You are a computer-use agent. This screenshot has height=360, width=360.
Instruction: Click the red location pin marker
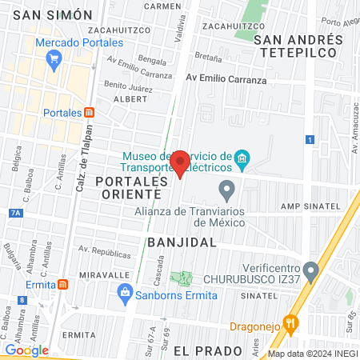[x=180, y=162]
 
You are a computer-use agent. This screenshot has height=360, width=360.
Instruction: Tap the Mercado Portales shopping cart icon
[x=54, y=58]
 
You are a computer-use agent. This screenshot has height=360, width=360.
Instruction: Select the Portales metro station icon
[x=89, y=113]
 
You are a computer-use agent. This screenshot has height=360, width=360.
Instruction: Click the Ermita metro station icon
[x=62, y=285]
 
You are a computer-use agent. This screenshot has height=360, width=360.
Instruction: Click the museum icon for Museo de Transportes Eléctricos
[x=242, y=162]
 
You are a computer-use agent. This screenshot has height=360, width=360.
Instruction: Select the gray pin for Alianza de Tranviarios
[x=226, y=190]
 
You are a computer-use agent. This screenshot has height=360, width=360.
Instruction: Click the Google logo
[x=26, y=350]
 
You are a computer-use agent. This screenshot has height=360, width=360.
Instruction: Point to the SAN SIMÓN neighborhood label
[x=52, y=14]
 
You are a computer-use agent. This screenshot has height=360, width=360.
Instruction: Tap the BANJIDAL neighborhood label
[x=182, y=241]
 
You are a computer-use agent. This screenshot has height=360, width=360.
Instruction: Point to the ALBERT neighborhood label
[x=130, y=98]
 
